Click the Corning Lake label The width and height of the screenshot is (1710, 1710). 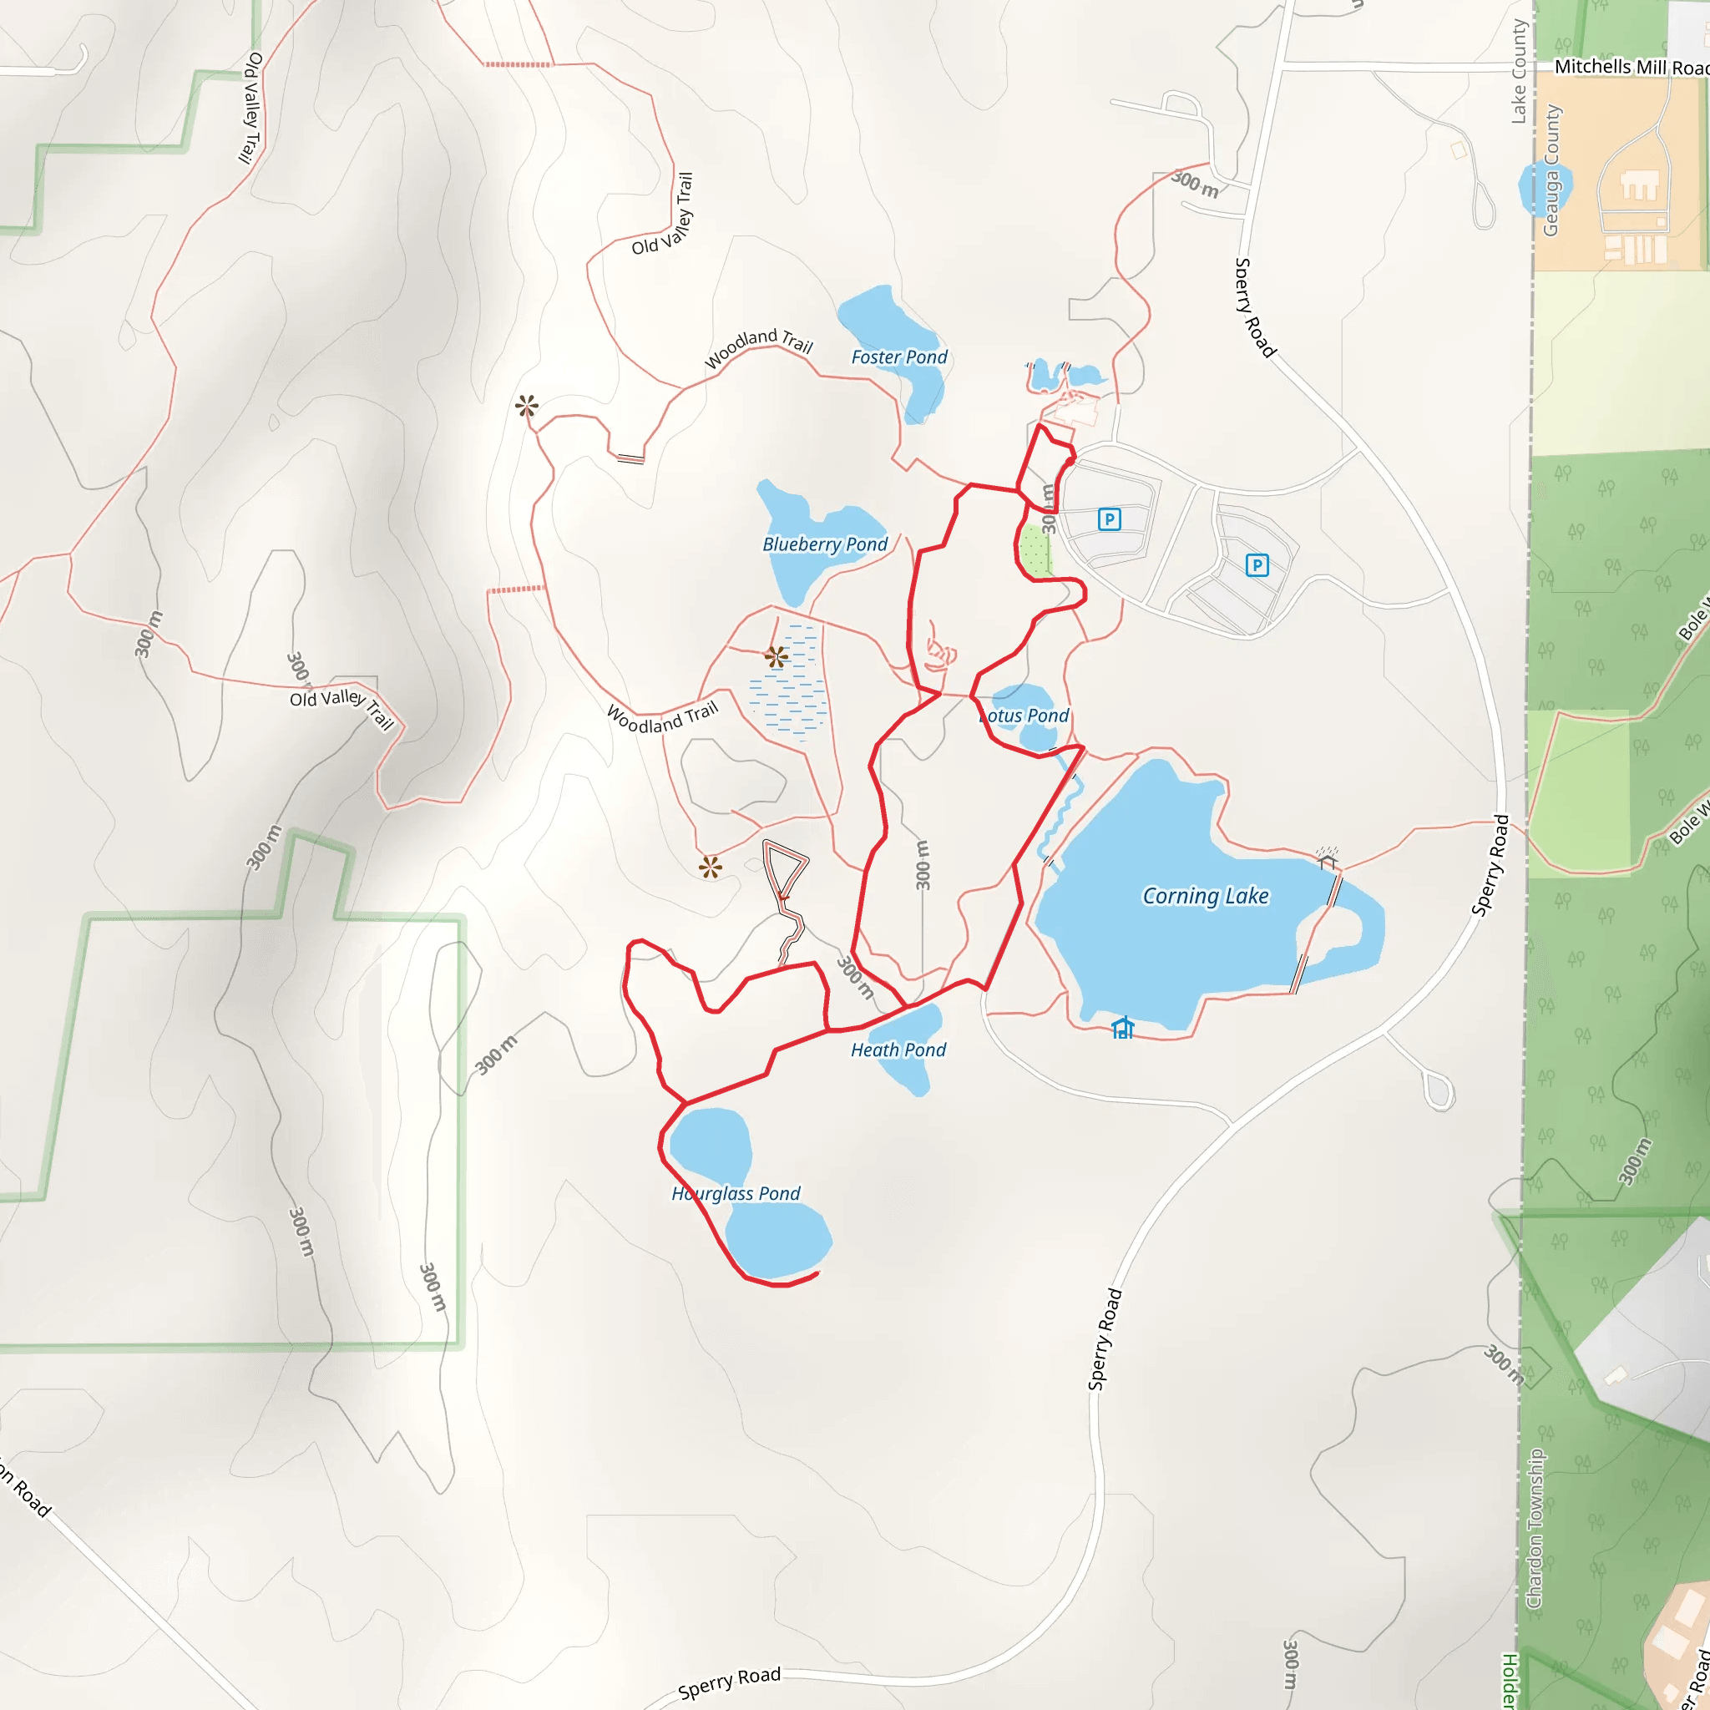(x=1206, y=896)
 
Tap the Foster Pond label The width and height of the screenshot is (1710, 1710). (x=899, y=357)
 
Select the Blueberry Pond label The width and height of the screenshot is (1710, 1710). (x=825, y=544)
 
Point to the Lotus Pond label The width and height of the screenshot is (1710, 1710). (x=1025, y=716)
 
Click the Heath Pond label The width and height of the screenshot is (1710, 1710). (x=898, y=1050)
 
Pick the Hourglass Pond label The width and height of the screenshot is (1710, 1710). (x=736, y=1193)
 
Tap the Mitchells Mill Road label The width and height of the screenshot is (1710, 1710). (x=1631, y=68)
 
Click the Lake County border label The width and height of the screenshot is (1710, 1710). (x=1519, y=71)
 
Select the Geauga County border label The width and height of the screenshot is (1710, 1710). (x=1551, y=170)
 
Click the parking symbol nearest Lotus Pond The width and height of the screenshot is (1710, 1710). (x=1109, y=519)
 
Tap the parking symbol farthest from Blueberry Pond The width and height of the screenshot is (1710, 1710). (x=1257, y=564)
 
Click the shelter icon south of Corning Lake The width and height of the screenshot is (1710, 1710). (x=1123, y=1028)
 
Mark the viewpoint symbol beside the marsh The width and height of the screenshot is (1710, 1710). (x=777, y=657)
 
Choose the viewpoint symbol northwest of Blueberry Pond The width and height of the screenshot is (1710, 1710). (x=527, y=407)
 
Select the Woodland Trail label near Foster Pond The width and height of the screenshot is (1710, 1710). (x=758, y=348)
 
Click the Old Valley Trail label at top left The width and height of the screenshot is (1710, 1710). (x=251, y=108)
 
